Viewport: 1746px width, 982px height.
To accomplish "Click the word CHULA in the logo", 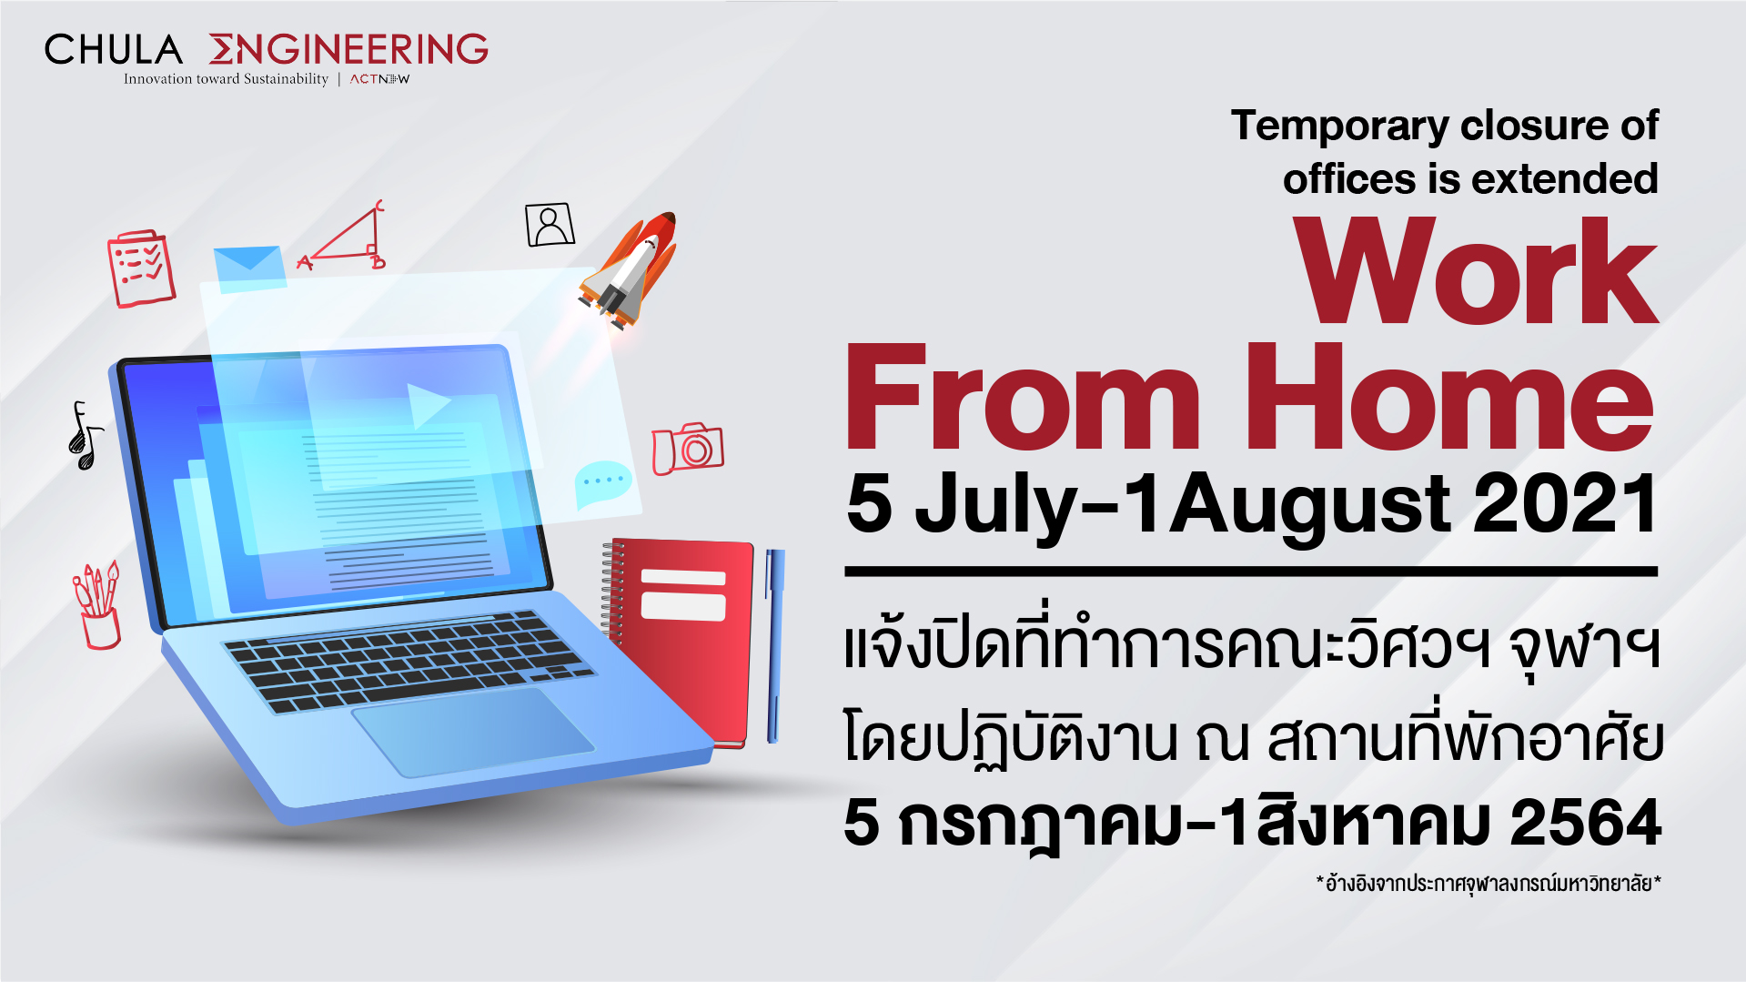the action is (x=114, y=49).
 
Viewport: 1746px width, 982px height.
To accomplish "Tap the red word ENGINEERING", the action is (x=348, y=49).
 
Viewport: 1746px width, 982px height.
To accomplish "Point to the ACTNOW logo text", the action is (x=380, y=79).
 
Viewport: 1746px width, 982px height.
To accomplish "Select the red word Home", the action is (x=1448, y=397).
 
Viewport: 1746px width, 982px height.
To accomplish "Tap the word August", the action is (x=1310, y=508).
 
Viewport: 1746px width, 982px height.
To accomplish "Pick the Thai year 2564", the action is (x=1586, y=822).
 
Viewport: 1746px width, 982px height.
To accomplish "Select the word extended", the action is (x=1564, y=178).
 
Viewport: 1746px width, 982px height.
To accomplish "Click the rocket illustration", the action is (x=629, y=270).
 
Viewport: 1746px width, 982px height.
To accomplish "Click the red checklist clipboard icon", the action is (x=141, y=268).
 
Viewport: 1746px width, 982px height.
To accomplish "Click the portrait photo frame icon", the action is (x=550, y=224).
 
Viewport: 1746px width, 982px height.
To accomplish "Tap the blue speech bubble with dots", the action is (x=602, y=484).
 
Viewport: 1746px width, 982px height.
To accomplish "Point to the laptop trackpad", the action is (x=473, y=731).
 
